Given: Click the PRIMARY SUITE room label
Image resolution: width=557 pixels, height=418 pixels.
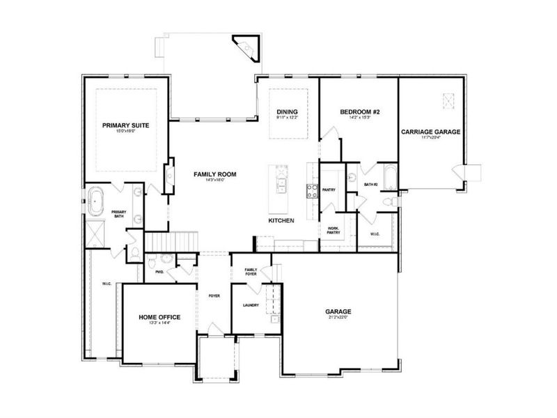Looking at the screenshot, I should pos(126,125).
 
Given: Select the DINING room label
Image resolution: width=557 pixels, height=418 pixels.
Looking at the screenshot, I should pos(287,111).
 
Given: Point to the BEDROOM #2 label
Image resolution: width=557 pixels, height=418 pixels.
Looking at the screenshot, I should pos(359,111).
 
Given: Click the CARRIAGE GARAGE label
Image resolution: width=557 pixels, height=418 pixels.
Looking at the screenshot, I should pos(430,131).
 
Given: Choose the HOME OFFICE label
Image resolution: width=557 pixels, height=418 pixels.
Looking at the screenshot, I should pos(159,317).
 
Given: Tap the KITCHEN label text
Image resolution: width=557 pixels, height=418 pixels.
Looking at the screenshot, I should pos(281,220).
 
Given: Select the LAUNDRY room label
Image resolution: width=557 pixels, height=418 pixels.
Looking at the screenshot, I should pos(251,305).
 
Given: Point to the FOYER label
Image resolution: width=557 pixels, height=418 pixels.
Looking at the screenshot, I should pos(214,296).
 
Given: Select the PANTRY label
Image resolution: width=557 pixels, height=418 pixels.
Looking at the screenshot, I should pos(329,189).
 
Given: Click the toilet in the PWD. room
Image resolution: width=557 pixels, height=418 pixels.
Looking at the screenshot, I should pos(152,264).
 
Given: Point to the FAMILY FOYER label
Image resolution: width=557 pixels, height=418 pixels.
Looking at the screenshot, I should pos(251,272).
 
